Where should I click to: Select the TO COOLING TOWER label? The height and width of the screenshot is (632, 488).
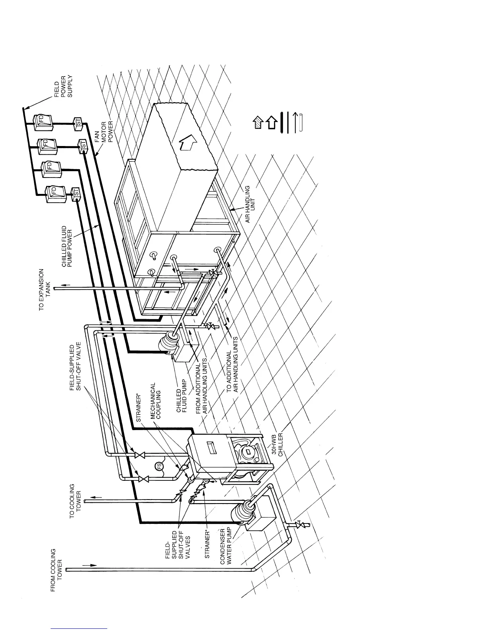[x=75, y=501]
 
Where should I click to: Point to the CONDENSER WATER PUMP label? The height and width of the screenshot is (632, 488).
[x=226, y=546]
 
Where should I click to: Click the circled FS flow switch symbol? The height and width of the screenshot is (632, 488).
[x=159, y=466]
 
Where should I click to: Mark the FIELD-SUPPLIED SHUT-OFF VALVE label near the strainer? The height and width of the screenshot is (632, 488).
[x=75, y=367]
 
